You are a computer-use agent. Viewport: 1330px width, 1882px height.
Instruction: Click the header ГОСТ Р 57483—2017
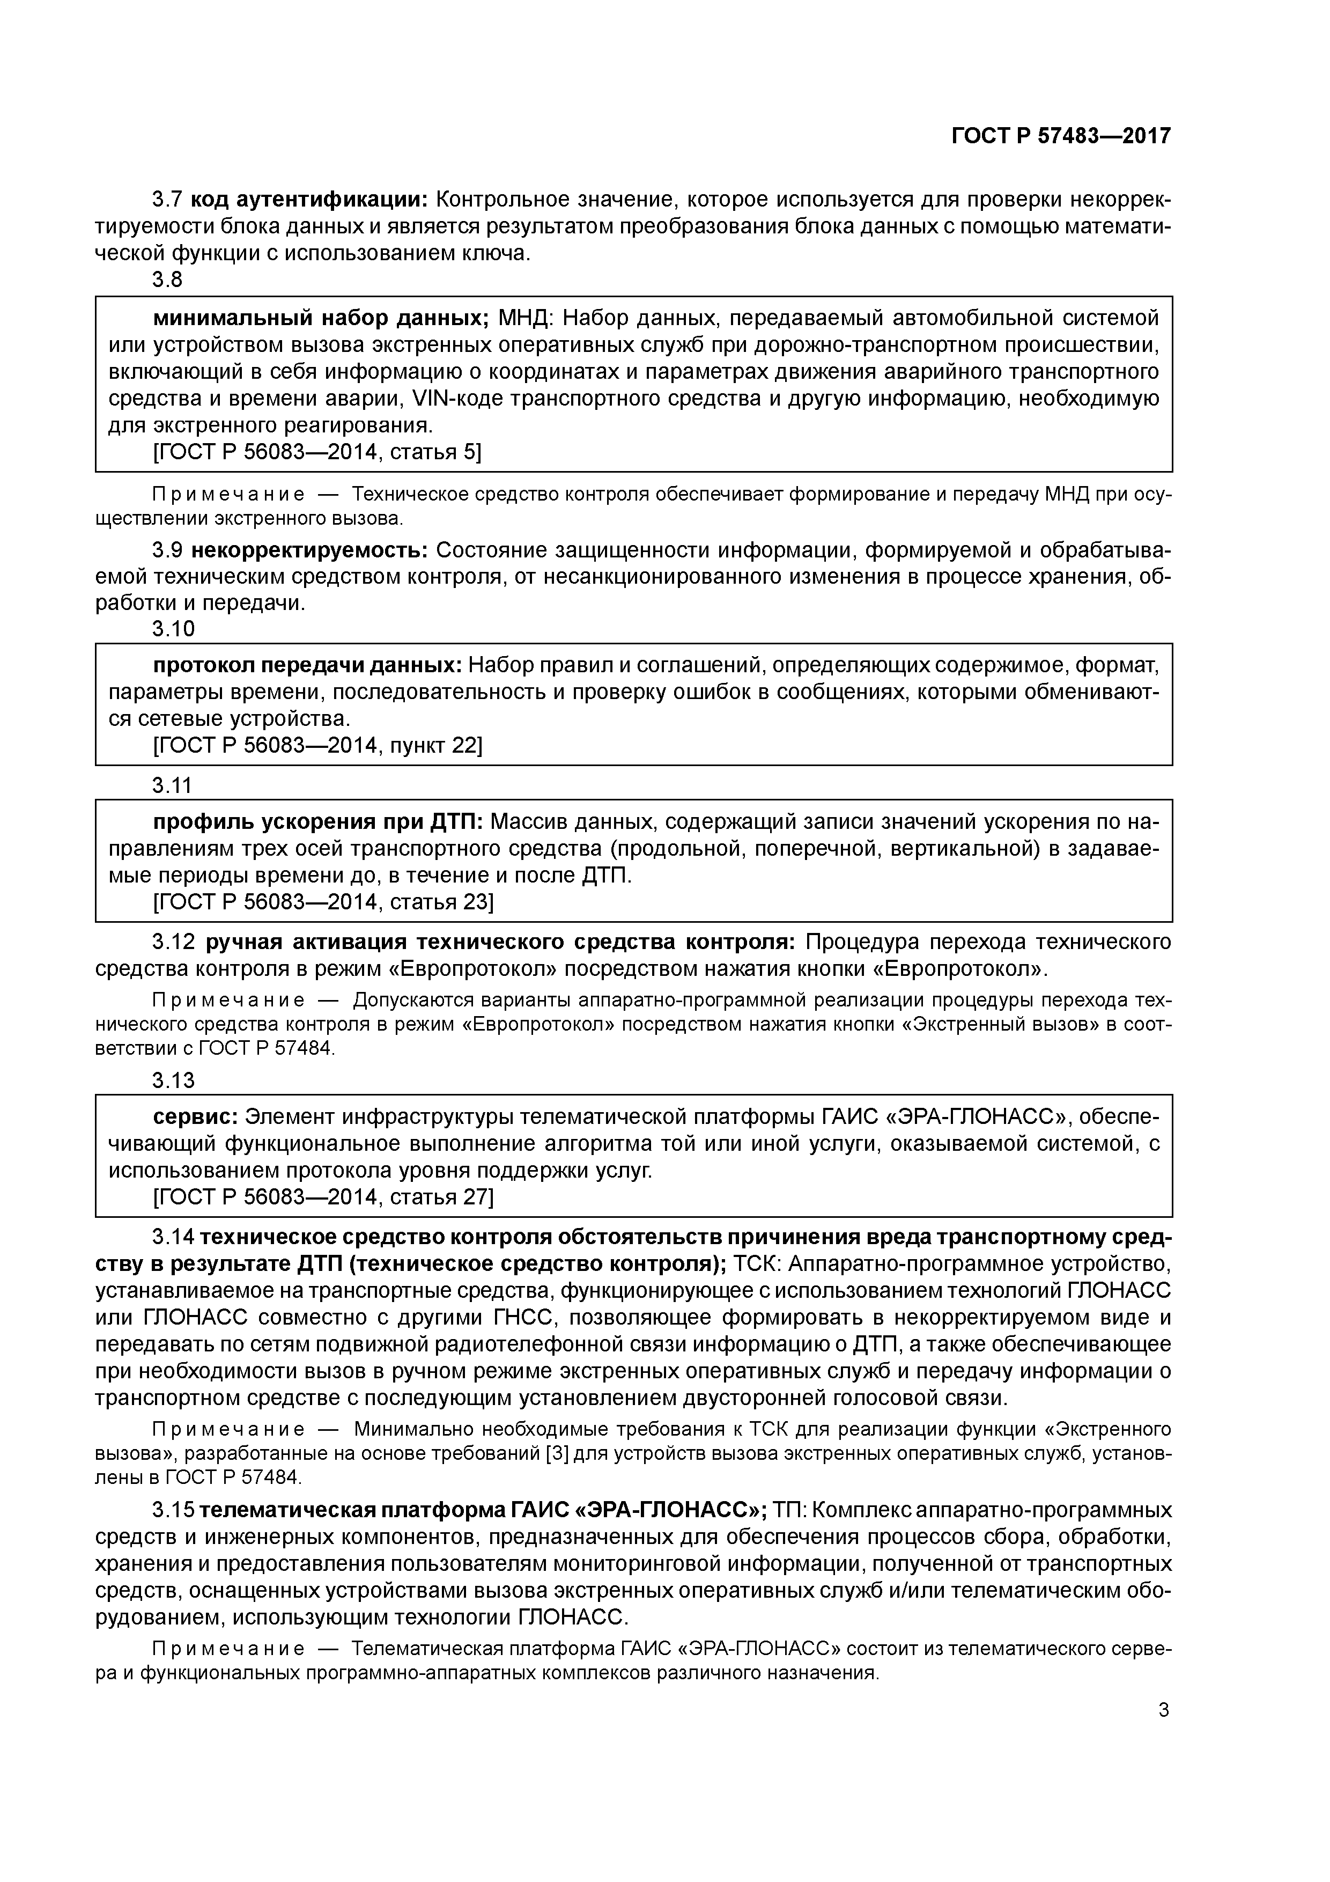1060,136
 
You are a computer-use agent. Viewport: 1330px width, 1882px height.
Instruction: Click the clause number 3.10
173,629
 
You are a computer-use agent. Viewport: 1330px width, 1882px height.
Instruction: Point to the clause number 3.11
172,785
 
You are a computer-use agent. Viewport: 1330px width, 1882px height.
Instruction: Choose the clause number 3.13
173,1080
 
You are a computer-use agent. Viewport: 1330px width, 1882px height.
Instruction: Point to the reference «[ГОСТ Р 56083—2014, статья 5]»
317,452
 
